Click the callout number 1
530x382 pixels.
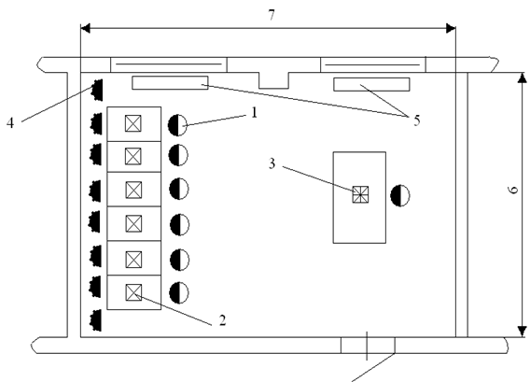pos(255,112)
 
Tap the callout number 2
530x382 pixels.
pos(222,320)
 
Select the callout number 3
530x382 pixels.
pos(272,163)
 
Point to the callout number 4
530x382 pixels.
pos(10,122)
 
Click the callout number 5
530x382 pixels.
pos(417,120)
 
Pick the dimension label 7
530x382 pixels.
pos(272,15)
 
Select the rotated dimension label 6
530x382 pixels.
pos(513,190)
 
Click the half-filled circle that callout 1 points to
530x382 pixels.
pos(178,125)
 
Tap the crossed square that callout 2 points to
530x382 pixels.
pos(133,292)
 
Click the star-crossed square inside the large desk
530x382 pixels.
pos(361,194)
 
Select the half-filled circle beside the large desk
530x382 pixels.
pos(400,195)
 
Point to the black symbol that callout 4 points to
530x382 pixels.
pos(97,90)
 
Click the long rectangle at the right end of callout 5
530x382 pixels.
pos(371,84)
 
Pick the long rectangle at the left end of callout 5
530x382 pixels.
pos(170,83)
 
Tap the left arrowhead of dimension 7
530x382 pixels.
pos(85,28)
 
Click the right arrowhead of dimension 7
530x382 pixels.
pos(452,28)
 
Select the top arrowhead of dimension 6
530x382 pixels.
pos(523,78)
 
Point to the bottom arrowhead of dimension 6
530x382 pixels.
pos(523,332)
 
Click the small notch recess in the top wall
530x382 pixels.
pos(273,80)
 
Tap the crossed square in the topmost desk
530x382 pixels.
pos(133,123)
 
